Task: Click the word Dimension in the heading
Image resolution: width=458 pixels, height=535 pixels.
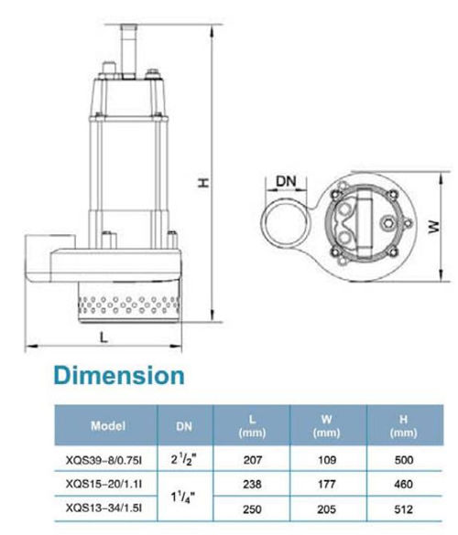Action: [x=119, y=376]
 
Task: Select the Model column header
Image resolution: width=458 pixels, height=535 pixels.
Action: [x=108, y=426]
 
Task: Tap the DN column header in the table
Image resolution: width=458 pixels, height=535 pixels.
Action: [x=184, y=426]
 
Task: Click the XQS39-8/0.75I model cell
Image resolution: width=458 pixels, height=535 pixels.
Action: [x=104, y=460]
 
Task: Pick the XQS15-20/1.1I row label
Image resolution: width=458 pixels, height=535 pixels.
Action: [x=104, y=484]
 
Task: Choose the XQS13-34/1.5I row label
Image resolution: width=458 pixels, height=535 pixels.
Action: [x=104, y=508]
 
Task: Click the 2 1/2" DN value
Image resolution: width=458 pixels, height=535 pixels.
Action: [x=184, y=460]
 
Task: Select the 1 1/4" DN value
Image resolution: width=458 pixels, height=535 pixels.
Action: [x=184, y=498]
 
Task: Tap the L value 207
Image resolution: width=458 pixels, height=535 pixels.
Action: [x=252, y=460]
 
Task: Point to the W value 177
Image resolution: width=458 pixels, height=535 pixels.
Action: [x=327, y=484]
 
